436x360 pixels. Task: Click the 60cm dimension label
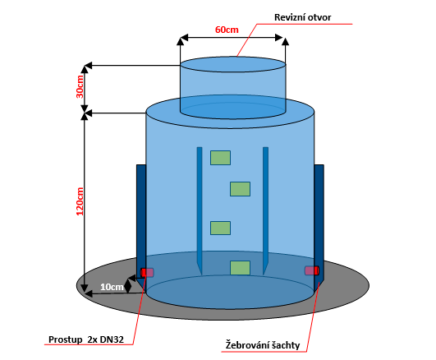227,30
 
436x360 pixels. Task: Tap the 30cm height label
80,86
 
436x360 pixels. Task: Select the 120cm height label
80,201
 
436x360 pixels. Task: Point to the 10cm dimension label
112,287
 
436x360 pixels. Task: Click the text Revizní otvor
302,17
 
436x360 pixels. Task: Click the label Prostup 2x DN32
86,339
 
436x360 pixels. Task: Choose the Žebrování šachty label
263,345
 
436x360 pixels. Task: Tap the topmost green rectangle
220,158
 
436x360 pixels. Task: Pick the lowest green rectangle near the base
240,268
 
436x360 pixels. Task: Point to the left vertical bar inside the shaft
200,210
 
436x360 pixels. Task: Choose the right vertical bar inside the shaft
265,210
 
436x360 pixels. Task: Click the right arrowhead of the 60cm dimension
279,38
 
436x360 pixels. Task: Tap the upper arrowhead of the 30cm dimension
85,68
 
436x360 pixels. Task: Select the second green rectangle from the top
240,189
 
